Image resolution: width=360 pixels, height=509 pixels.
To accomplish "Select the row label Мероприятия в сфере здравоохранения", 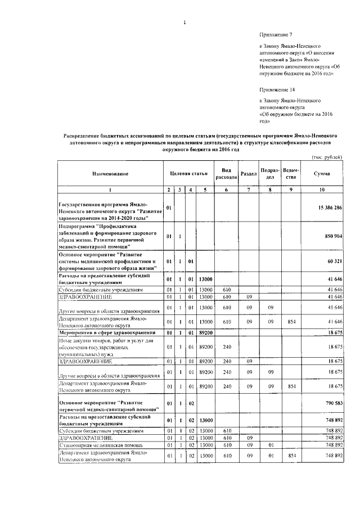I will pos(101,334).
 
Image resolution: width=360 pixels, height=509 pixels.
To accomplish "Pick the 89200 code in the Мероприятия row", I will pos(205,334).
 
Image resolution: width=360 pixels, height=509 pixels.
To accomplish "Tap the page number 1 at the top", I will pos(184,22).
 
